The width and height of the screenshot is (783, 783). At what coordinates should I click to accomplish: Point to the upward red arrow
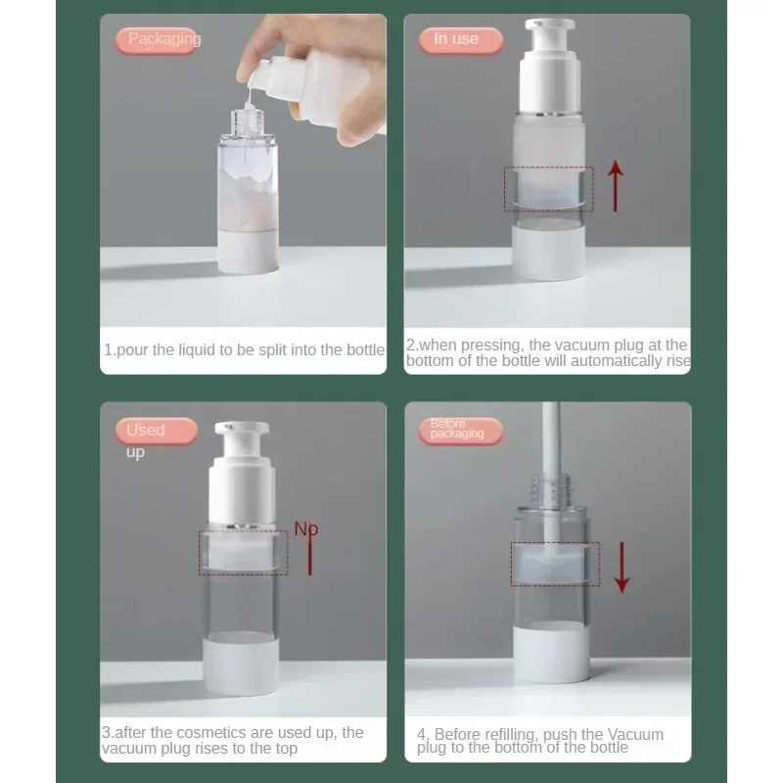615,186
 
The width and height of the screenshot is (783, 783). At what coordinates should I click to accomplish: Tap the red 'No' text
307,530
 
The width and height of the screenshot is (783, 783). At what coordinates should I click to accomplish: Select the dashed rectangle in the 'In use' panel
548,189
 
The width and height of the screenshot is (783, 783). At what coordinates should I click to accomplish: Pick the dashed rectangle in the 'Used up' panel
243,554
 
